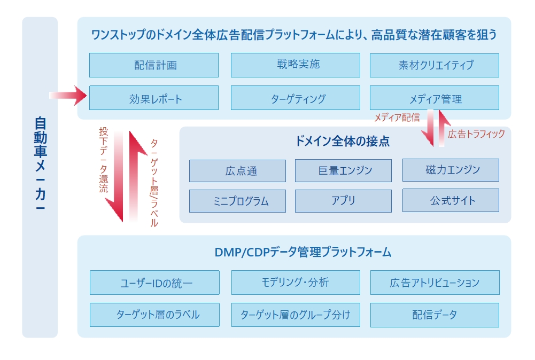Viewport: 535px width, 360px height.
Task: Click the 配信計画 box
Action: (154, 65)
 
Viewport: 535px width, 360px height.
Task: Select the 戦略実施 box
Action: (296, 65)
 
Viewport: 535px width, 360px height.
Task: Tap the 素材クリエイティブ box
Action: (435, 65)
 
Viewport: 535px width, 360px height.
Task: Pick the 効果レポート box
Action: (154, 98)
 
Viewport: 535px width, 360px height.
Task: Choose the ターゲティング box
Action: (296, 98)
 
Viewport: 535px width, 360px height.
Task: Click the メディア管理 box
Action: (435, 98)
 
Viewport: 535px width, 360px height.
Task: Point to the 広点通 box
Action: (237, 171)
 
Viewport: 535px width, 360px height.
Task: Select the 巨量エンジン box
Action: (343, 171)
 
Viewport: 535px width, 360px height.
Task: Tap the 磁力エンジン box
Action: (451, 170)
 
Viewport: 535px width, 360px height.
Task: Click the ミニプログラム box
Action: (237, 201)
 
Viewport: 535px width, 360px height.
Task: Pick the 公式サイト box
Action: (451, 200)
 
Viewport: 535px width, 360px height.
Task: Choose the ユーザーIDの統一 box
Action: (154, 283)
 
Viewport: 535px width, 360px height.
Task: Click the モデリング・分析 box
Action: (296, 283)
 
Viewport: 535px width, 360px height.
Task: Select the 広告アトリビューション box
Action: (435, 283)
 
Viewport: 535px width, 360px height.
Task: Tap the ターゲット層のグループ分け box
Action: (296, 315)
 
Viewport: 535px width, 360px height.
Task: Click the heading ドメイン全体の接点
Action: (343, 141)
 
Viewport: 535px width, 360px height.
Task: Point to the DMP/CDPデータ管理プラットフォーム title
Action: (303, 252)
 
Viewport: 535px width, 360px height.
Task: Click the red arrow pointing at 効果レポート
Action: (68, 96)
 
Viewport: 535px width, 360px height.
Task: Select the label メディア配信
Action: (397, 118)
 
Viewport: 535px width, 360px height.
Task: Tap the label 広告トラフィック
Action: (476, 134)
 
